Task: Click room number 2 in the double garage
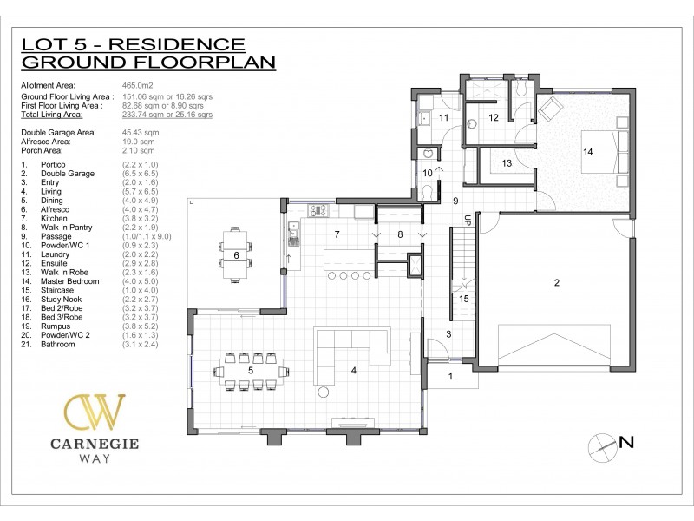point(557,282)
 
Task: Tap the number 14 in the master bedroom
point(587,152)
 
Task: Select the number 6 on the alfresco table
point(236,255)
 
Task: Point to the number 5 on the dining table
point(251,371)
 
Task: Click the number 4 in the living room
point(353,371)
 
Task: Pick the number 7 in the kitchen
point(339,234)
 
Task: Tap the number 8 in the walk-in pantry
point(400,234)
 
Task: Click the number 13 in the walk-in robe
point(507,163)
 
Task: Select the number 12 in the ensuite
point(492,117)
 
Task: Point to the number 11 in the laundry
point(442,117)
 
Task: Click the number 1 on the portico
point(450,376)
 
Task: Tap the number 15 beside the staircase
point(464,299)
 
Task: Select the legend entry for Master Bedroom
point(71,281)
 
